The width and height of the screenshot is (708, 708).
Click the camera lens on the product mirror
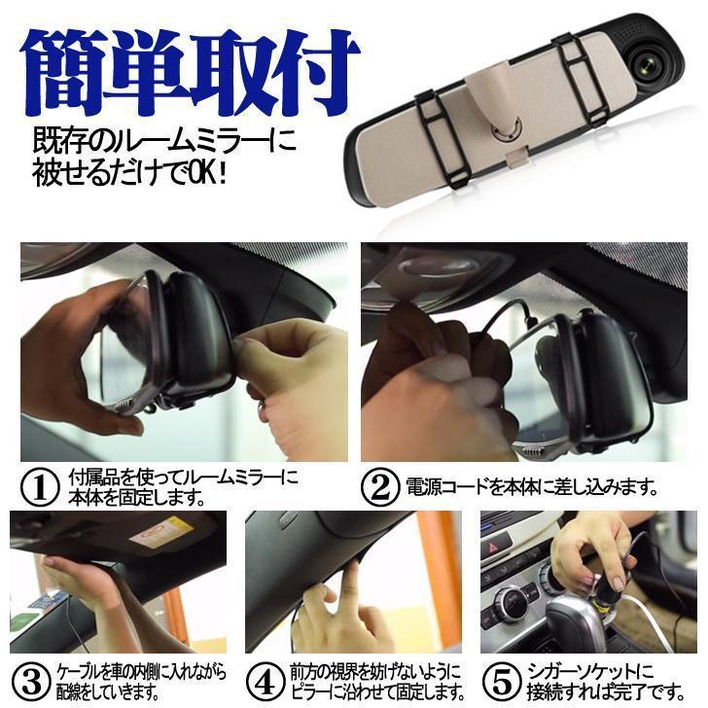pos(646,63)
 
